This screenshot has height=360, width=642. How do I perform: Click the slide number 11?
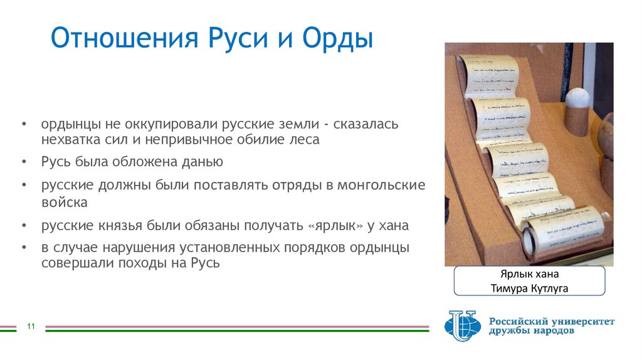tap(30, 326)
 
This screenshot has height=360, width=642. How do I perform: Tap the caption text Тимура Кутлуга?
tap(529, 288)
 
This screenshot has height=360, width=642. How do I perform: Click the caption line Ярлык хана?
tap(529, 274)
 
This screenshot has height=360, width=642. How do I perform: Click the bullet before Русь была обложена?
tap(23, 162)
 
